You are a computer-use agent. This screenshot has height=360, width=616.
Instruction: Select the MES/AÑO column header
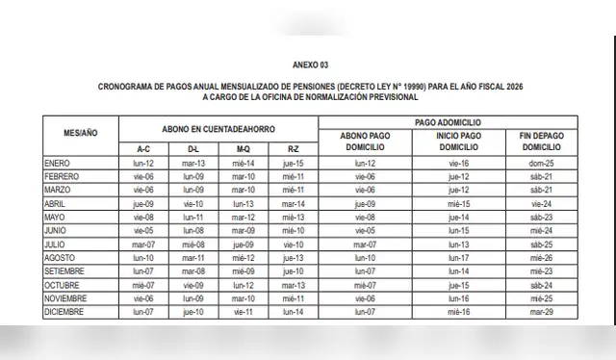click(x=81, y=135)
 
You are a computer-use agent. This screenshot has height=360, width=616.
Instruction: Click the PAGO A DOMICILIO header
click(x=448, y=122)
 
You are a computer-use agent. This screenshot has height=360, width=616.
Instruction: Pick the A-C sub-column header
click(x=143, y=149)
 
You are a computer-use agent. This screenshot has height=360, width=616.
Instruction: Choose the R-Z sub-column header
click(x=293, y=149)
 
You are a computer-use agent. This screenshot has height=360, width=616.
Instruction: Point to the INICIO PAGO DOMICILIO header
click(x=458, y=141)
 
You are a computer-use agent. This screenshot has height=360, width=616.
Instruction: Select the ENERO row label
click(x=58, y=164)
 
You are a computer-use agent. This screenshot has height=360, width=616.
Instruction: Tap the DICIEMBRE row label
click(x=64, y=313)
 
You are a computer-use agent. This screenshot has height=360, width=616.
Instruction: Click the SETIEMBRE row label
click(x=65, y=272)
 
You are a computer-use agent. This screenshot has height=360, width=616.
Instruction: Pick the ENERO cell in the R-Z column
click(x=293, y=164)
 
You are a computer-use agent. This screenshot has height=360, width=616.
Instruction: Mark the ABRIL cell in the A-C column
click(x=143, y=204)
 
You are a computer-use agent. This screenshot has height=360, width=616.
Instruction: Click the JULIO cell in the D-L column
click(x=193, y=245)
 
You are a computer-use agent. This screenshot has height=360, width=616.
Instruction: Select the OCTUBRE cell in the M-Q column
click(x=244, y=286)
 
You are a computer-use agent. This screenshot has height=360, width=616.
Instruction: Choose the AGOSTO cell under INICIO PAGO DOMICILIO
click(x=458, y=259)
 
